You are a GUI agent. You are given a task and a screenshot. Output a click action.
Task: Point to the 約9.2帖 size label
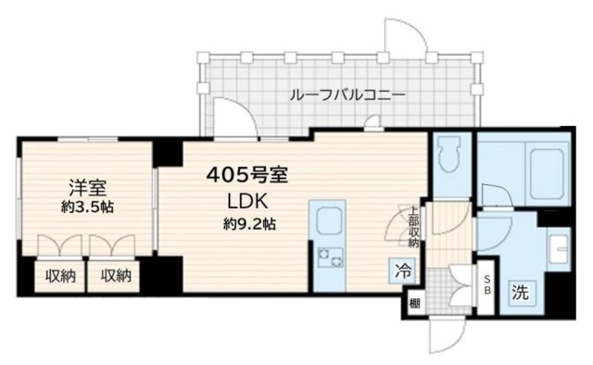(x=246, y=224)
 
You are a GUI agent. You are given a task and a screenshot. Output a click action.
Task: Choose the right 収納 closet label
(x=116, y=275)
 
